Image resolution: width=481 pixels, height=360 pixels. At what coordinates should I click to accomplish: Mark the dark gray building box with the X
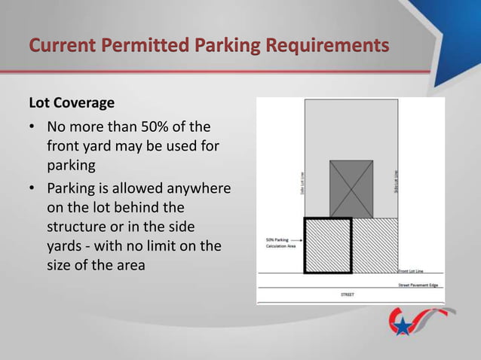tap(351, 189)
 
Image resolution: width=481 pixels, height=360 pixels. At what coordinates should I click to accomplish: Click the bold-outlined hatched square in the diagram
tap(327, 246)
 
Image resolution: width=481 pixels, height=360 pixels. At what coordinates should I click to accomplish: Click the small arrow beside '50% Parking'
tap(294, 240)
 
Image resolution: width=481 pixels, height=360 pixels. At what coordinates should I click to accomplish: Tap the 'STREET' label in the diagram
tap(349, 294)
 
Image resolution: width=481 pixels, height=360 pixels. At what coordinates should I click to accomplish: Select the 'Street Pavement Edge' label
tap(418, 285)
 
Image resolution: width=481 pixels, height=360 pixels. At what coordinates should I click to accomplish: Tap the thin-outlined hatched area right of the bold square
tap(375, 246)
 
